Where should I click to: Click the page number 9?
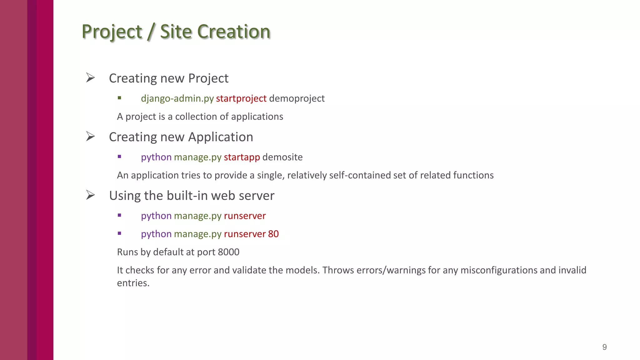604,347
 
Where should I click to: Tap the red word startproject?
241,98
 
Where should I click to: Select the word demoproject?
297,98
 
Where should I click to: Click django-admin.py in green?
177,98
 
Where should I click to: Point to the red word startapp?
242,157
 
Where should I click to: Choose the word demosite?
282,157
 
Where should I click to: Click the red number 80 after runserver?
273,234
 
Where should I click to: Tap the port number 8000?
228,252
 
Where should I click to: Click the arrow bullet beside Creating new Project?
90,77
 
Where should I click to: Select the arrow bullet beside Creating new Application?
90,136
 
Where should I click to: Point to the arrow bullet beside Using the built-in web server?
90,195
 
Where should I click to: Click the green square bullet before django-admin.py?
119,98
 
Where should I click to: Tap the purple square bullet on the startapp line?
119,157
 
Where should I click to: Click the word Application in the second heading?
220,137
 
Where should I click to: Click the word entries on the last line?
133,283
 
